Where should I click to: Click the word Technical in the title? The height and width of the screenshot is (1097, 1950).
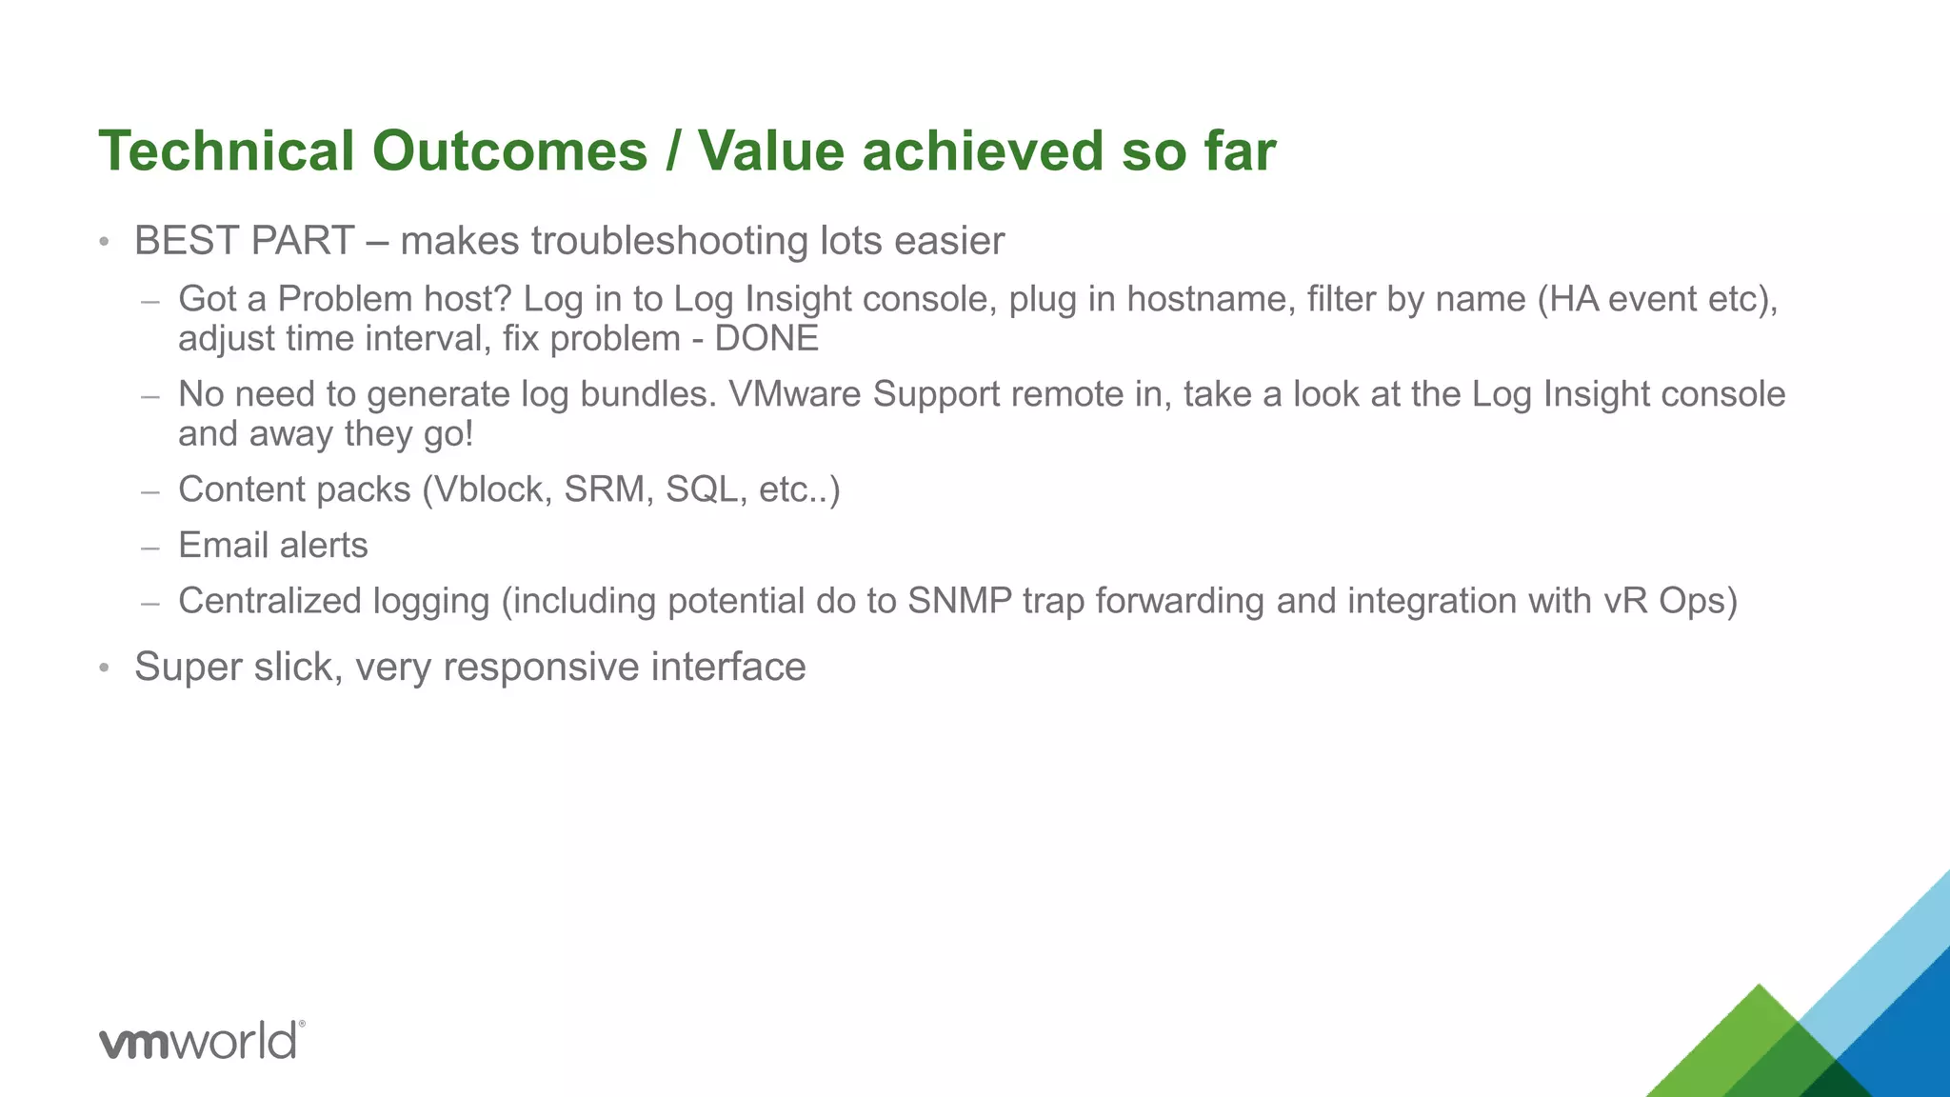(227, 151)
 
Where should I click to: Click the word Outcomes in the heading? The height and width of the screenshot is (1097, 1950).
(509, 151)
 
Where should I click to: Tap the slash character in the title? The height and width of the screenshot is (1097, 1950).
(673, 151)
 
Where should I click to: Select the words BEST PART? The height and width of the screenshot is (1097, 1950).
(245, 241)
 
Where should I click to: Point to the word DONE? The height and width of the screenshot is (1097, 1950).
(766, 339)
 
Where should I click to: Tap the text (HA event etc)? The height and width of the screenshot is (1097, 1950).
(1656, 299)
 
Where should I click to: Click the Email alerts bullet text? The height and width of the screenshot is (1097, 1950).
(272, 546)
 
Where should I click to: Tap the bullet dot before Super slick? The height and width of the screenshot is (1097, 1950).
(105, 668)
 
